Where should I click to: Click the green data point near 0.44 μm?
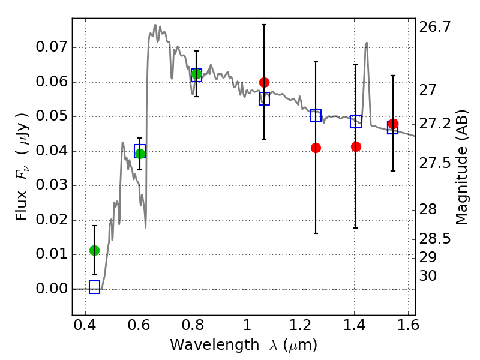tap(95, 250)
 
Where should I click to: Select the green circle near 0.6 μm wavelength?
tap(140, 154)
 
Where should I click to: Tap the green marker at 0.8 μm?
tap(196, 74)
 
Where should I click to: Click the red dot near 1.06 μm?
tap(264, 82)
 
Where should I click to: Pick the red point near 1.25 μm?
tap(316, 148)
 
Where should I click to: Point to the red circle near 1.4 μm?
tap(356, 146)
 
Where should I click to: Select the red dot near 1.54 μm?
tap(394, 124)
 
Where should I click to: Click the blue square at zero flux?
tap(95, 287)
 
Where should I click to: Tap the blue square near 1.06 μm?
tap(264, 98)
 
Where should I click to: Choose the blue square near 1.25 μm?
tap(316, 115)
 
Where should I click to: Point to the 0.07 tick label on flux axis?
tap(51, 47)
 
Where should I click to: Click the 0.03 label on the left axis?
tap(51, 185)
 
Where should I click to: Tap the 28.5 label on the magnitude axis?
tap(434, 239)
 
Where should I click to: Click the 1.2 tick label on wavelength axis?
tap(301, 325)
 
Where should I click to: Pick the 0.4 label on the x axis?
tap(85, 325)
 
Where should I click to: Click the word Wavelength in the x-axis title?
tap(215, 345)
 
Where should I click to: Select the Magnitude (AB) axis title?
tap(462, 167)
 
